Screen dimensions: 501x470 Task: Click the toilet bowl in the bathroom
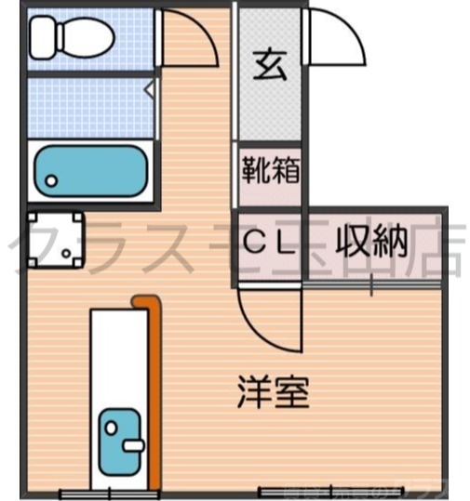click(x=84, y=38)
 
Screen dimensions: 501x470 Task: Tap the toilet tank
click(x=42, y=36)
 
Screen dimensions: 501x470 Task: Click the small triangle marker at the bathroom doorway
click(x=150, y=90)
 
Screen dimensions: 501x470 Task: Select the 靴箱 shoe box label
click(x=270, y=170)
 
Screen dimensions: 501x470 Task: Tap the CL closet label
click(x=269, y=244)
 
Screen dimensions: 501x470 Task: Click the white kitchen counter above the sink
click(x=118, y=353)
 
